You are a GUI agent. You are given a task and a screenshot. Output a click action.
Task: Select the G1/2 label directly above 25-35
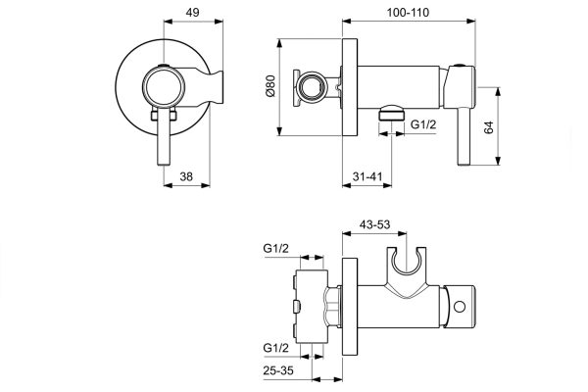277,349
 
